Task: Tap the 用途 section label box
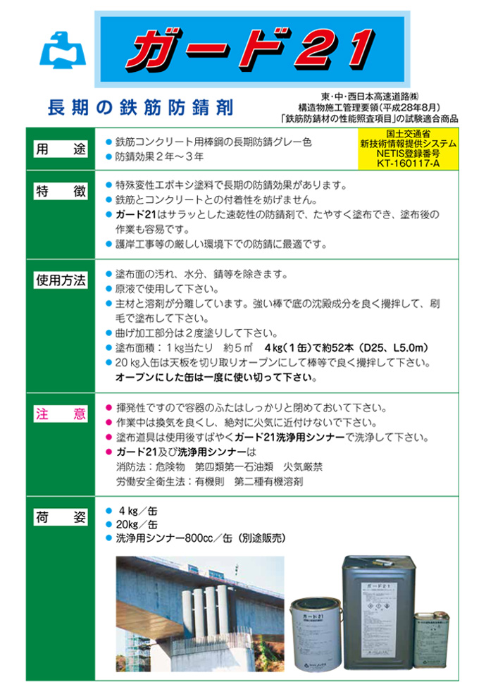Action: click(x=61, y=149)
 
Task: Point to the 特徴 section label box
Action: click(x=61, y=192)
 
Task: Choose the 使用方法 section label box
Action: click(x=61, y=280)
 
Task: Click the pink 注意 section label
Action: click(x=61, y=414)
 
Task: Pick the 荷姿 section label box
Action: click(x=61, y=518)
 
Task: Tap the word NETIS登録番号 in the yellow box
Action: click(x=408, y=153)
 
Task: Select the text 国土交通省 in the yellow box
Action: click(x=408, y=133)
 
